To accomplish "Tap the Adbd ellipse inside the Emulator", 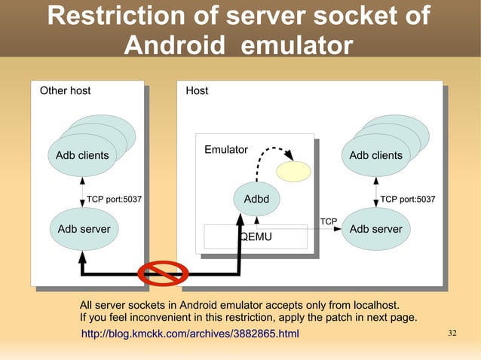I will coord(256,199).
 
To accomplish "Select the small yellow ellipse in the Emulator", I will coord(293,172).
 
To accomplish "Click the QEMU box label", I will coord(256,236).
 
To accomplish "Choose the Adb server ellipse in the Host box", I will coord(375,228).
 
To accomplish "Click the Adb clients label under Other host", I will coord(82,155).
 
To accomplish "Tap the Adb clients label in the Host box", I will coord(375,155).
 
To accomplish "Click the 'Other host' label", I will coord(65,90).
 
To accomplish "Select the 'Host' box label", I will coord(197,90).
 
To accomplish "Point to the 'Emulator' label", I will coord(225,150).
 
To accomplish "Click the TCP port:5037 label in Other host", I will coord(114,199).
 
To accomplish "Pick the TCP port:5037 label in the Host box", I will coord(408,199).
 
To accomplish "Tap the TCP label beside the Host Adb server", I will coord(329,221).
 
